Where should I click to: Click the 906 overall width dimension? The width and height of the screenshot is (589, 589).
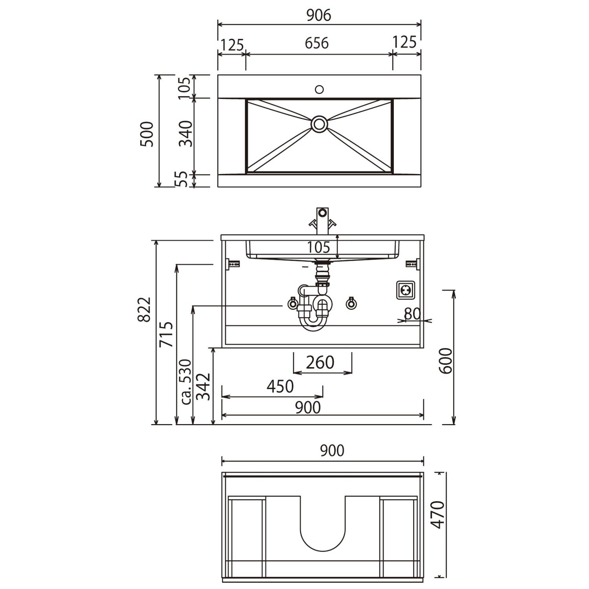[x=319, y=15]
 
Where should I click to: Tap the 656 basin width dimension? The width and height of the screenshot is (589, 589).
[x=317, y=43]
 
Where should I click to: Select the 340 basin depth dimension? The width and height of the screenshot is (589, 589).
[x=186, y=134]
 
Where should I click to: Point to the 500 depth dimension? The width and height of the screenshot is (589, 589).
[x=147, y=134]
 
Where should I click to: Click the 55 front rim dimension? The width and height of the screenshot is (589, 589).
[x=181, y=179]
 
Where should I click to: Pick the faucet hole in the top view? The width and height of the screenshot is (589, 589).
[x=319, y=90]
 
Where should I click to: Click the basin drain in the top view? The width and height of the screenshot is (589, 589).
[x=319, y=124]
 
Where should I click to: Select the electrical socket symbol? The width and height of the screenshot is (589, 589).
[x=406, y=290]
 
